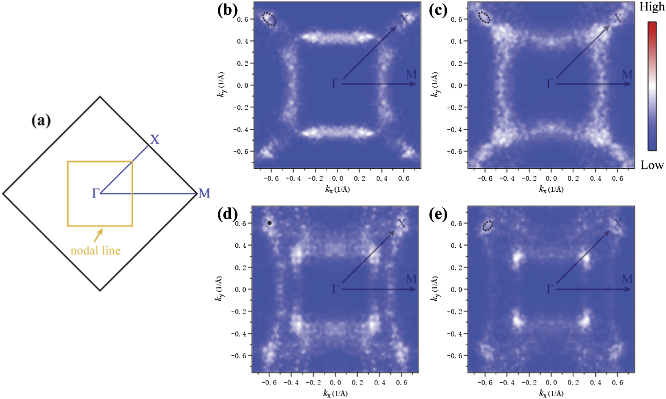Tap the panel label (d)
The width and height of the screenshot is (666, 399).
pyautogui.click(x=228, y=214)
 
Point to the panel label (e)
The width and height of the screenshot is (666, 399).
pyautogui.click(x=438, y=214)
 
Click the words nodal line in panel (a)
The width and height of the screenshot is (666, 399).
pyautogui.click(x=96, y=251)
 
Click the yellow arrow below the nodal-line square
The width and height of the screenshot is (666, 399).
pyautogui.click(x=98, y=235)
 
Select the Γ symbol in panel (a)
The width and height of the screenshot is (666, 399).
pyautogui.click(x=95, y=194)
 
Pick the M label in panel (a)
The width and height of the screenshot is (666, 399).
pyautogui.click(x=204, y=194)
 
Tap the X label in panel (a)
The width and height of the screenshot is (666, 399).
pyautogui.click(x=155, y=140)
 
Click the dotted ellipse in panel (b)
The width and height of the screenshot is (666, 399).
pyautogui.click(x=269, y=19)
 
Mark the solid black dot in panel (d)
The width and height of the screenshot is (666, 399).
pyautogui.click(x=270, y=223)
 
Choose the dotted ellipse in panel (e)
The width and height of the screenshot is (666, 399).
pyautogui.click(x=488, y=226)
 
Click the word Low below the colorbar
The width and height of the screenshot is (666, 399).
pyautogui.click(x=652, y=165)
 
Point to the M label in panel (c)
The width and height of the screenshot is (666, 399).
pyautogui.click(x=626, y=75)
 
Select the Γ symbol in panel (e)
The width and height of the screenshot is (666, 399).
pyautogui.click(x=550, y=289)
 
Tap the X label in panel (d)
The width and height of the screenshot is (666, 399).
pyautogui.click(x=401, y=224)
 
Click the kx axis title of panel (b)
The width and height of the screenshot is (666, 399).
pyautogui.click(x=337, y=189)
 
